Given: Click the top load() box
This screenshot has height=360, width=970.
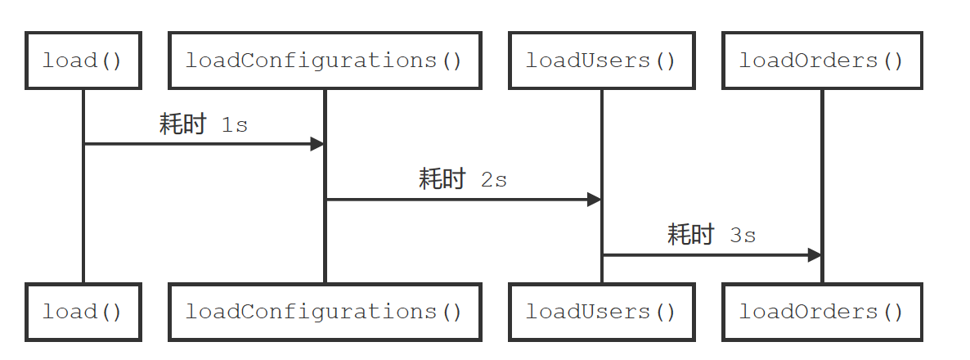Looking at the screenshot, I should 83,61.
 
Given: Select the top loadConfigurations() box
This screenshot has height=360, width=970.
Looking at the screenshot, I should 325,61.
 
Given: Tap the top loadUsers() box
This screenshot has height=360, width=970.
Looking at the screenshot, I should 601,61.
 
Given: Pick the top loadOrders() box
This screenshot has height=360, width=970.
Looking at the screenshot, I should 821,61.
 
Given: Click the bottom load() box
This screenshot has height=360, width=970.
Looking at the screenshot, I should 83,312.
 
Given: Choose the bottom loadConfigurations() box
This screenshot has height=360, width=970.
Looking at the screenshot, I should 325,312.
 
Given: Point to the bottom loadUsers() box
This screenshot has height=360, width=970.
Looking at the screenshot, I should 601,312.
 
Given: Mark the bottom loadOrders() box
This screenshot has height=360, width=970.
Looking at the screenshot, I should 821,312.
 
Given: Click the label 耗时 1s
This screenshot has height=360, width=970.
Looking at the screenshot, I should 204,125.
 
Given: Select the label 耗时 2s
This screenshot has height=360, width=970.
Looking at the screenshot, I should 463,179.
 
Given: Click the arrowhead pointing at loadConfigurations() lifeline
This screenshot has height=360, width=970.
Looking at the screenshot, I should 317,144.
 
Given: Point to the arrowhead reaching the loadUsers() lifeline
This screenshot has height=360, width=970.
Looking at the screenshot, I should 594,199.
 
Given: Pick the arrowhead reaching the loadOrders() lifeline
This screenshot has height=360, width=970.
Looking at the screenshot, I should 814,255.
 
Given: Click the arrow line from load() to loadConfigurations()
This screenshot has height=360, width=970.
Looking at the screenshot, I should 196,144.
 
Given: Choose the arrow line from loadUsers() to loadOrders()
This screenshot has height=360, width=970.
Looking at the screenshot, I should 703,255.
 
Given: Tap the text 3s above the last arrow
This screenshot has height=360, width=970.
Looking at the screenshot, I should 743,236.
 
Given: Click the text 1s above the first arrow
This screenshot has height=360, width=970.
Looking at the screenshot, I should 235,126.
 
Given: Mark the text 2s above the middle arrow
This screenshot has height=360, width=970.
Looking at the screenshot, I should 494,180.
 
